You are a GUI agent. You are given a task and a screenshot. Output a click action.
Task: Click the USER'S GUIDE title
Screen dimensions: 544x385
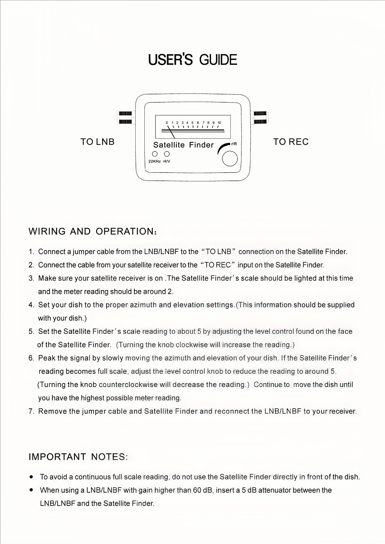(193, 60)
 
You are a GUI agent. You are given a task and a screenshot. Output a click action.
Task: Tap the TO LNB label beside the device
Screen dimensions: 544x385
(97, 142)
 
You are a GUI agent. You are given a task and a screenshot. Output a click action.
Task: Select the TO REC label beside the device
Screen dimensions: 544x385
(291, 142)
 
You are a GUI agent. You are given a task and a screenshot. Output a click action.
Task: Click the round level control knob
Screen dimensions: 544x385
(230, 159)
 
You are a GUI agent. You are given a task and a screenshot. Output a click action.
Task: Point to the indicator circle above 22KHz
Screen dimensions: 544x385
(155, 154)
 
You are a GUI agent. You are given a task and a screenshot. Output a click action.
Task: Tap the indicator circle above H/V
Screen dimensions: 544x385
(167, 154)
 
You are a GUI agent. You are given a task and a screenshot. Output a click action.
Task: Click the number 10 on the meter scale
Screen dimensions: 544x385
(219, 123)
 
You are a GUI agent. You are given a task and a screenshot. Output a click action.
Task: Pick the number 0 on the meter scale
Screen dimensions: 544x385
(167, 123)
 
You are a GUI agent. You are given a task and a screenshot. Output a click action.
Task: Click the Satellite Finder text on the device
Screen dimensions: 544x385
(183, 145)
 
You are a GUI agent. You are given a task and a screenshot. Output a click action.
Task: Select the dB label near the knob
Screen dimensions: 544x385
(234, 144)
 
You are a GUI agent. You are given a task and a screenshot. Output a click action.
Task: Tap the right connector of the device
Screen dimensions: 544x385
(260, 118)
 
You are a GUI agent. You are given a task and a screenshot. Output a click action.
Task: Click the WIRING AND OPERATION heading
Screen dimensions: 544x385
(92, 231)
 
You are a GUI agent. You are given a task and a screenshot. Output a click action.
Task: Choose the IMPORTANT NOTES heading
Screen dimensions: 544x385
(78, 457)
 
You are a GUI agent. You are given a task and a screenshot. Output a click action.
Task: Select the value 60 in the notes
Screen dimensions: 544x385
(197, 490)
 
